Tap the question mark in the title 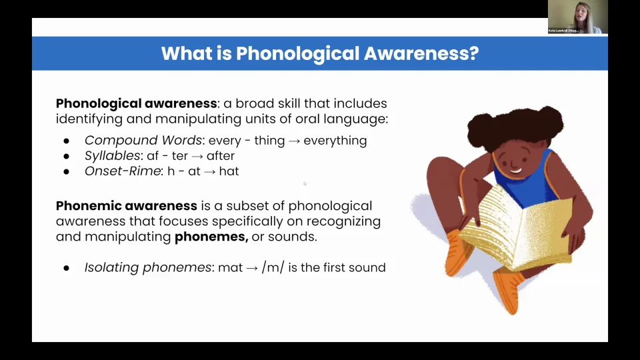[x=474, y=53]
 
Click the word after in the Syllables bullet [x=220, y=156]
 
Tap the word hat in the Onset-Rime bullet [x=229, y=171]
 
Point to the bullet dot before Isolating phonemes [x=66, y=269]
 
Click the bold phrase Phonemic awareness [x=127, y=206]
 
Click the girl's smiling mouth [x=515, y=169]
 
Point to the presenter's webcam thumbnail [x=577, y=16]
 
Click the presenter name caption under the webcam [x=565, y=31]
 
